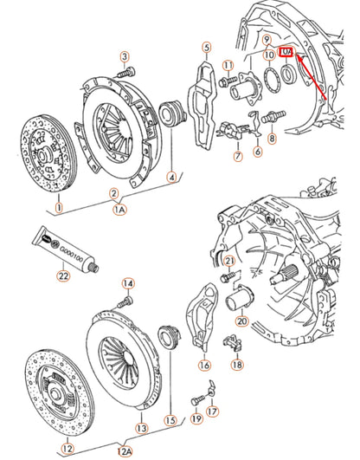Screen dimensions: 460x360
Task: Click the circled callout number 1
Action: pyautogui.click(x=58, y=208)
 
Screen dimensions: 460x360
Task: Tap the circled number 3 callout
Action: pyautogui.click(x=124, y=56)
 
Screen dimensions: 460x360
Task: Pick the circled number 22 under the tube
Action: pyautogui.click(x=61, y=276)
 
